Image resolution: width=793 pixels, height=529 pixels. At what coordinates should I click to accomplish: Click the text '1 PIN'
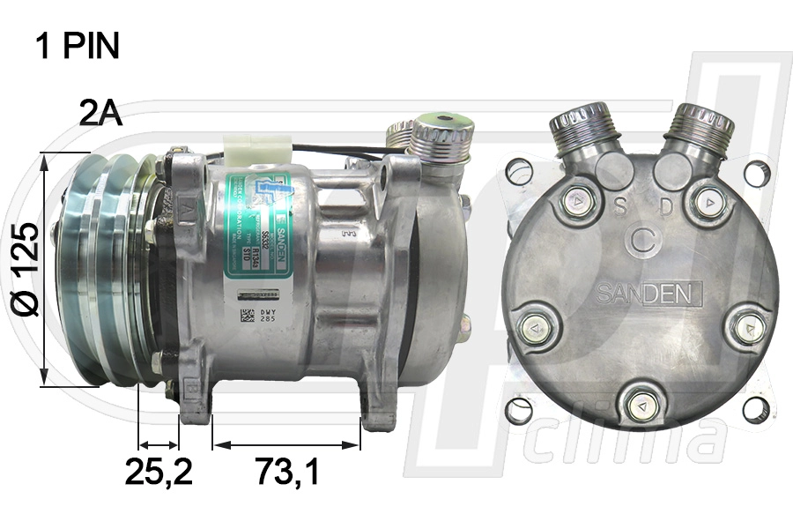pos(78,46)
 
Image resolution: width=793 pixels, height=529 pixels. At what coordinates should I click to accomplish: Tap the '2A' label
pos(100,113)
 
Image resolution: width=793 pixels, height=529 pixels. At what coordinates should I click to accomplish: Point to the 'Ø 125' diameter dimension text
pos(26,269)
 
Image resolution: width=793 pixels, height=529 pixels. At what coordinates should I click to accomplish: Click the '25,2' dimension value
pos(159,473)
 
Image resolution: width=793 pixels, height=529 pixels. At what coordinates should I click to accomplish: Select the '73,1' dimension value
pos(287,473)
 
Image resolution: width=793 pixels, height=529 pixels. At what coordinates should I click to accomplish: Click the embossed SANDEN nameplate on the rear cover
pos(648,292)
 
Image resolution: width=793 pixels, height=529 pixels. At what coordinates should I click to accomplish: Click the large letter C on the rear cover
pos(643,241)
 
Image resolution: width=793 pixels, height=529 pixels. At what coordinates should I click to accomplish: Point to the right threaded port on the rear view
pos(699,129)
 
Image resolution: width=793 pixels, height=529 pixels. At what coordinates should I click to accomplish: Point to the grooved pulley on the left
pos(101,269)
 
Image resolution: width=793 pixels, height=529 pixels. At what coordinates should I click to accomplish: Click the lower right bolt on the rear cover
pos(747,327)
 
